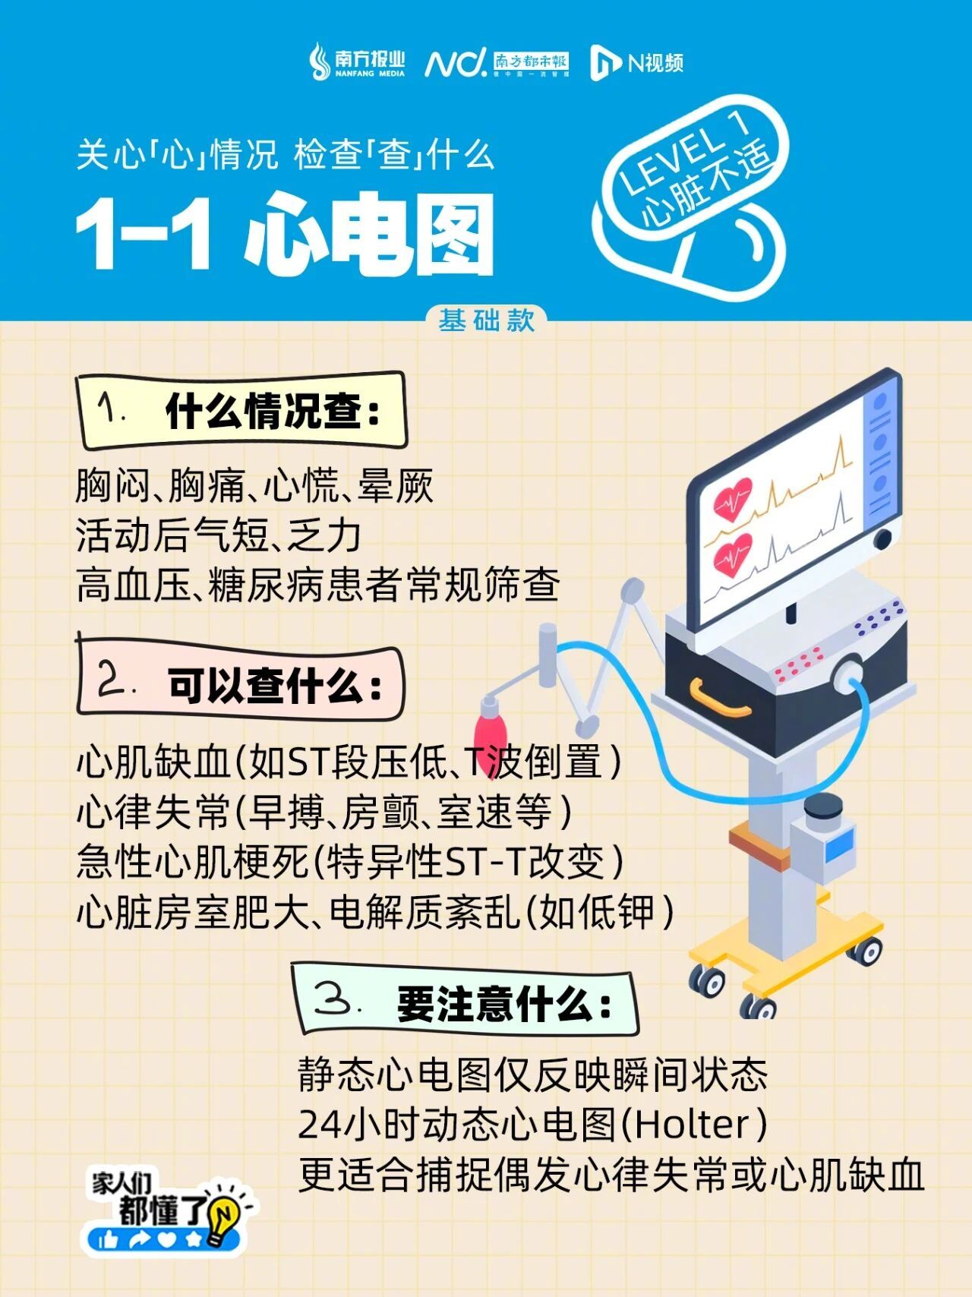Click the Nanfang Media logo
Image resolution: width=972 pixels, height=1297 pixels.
click(356, 62)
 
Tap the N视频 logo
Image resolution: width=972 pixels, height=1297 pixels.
click(636, 62)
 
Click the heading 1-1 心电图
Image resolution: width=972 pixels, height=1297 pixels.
click(286, 234)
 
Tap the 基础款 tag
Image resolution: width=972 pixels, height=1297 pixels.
click(487, 320)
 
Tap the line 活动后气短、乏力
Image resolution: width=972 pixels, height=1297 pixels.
click(218, 535)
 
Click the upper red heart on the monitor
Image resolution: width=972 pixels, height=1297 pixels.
click(732, 498)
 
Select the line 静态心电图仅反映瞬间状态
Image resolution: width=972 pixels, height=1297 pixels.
click(532, 1075)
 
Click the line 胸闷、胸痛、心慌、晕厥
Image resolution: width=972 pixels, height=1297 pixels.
click(254, 485)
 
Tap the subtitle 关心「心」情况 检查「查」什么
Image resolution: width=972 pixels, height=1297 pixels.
click(286, 155)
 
